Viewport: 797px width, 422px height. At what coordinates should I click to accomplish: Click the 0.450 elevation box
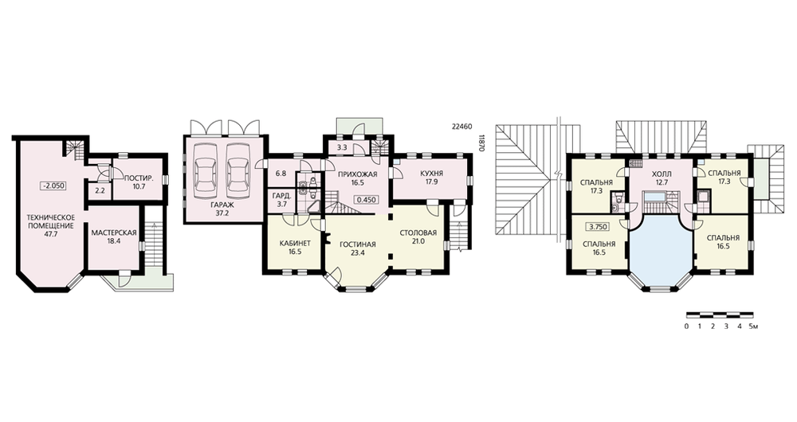coord(366,200)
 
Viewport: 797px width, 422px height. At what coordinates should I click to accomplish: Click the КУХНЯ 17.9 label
coord(431,178)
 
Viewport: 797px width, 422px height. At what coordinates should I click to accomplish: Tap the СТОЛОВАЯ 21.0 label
coord(418,236)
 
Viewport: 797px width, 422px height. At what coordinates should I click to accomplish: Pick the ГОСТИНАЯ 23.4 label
coord(358,248)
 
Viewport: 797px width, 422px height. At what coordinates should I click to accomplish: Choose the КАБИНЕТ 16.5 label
coord(295,247)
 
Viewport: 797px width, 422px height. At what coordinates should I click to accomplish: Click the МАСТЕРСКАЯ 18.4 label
coord(114,236)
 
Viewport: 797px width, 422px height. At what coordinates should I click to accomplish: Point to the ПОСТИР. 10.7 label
coord(139,182)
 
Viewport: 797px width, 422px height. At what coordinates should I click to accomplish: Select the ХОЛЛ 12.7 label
coord(662,178)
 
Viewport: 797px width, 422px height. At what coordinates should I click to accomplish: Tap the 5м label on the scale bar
coord(754,326)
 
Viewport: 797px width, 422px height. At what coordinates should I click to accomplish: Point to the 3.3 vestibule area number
coord(342,148)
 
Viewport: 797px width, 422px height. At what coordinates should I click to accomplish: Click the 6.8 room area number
coord(281,173)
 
